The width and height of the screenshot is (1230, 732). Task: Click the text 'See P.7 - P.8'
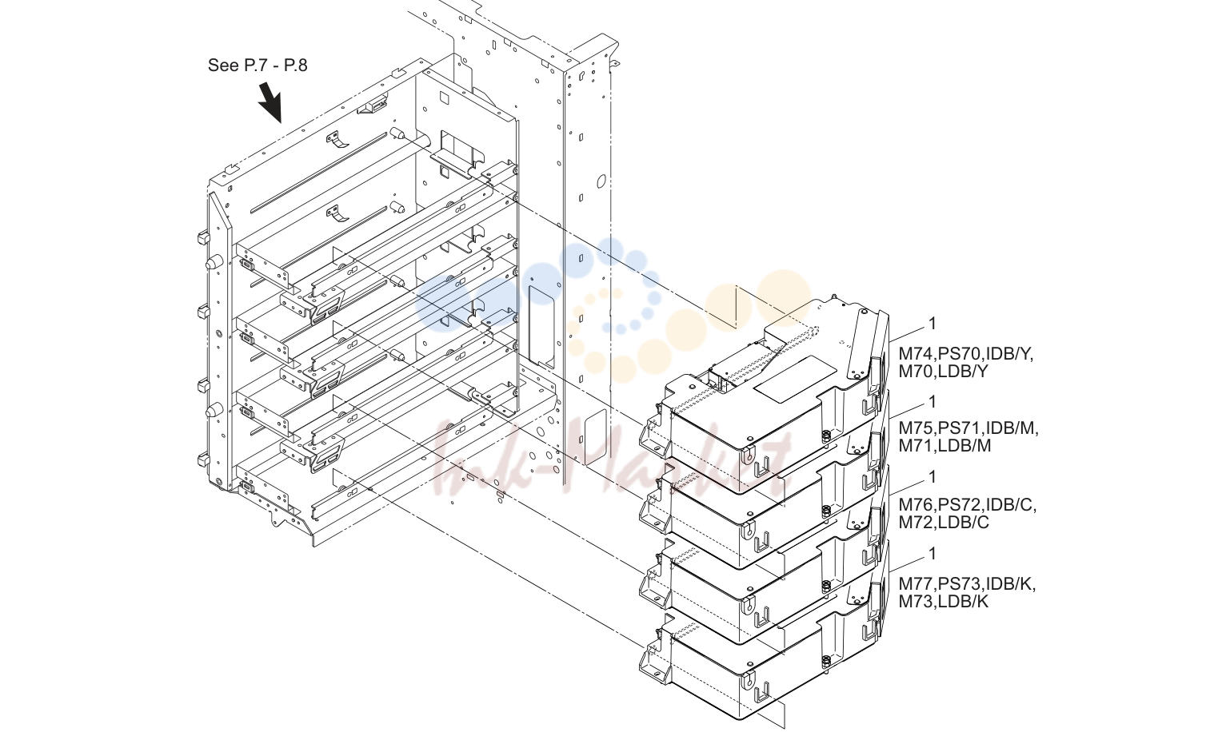[258, 66]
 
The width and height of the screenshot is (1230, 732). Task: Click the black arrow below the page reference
[270, 102]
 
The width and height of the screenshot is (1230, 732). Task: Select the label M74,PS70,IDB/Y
[966, 354]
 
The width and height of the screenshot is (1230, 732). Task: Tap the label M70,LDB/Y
[944, 372]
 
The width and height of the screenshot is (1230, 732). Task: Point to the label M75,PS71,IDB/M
[968, 428]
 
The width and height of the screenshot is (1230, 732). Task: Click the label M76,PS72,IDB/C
[968, 505]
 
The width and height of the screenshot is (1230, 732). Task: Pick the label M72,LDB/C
[944, 523]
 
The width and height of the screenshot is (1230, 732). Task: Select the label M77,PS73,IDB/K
[967, 584]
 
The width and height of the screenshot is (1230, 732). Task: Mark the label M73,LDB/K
[944, 602]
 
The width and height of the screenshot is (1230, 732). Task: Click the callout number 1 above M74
[932, 324]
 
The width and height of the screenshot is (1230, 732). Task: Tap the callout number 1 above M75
[932, 402]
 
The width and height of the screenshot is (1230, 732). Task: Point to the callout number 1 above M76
[932, 477]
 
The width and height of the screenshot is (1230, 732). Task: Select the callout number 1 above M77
[932, 554]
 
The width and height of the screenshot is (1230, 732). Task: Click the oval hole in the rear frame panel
[601, 181]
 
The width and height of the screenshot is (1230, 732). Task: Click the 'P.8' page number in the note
[295, 66]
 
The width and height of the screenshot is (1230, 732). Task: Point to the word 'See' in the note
[223, 66]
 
